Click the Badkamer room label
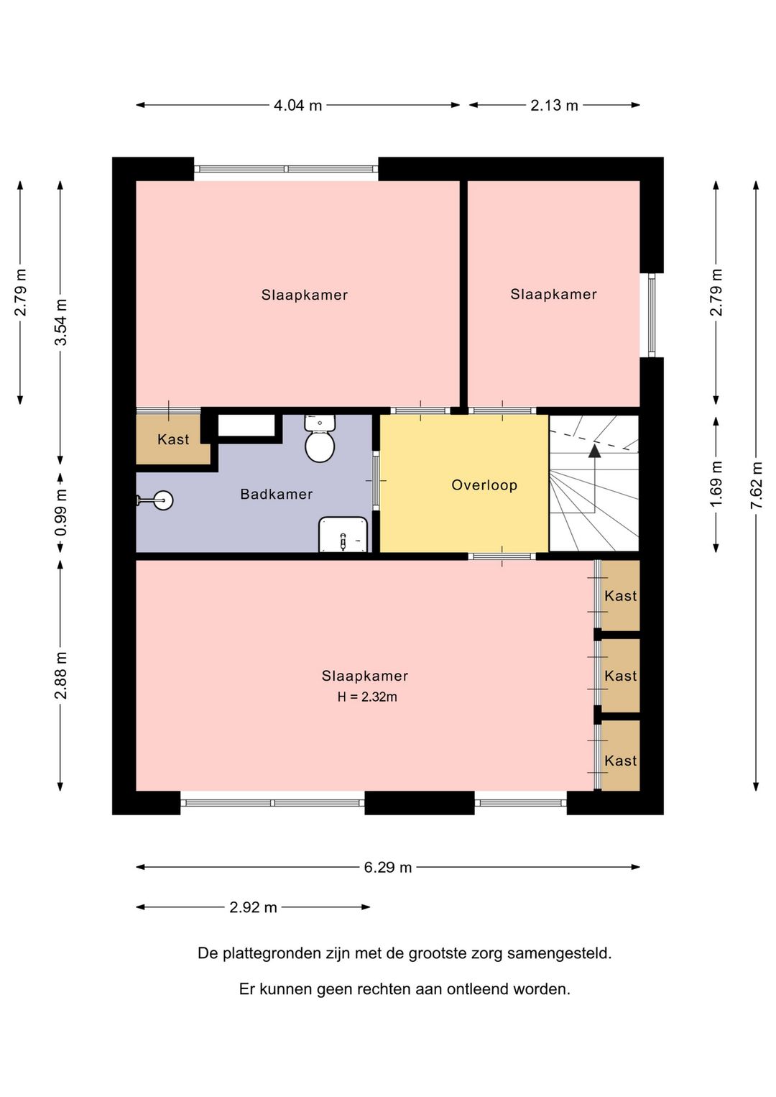(276, 494)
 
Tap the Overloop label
(484, 485)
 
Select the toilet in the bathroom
(320, 439)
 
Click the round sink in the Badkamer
(162, 500)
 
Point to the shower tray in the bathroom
(343, 534)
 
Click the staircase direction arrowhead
(594, 451)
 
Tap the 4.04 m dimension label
(297, 105)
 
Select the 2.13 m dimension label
(554, 105)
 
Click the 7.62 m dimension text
(757, 485)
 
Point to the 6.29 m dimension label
(388, 867)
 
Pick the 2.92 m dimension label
(253, 907)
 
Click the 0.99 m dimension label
(60, 513)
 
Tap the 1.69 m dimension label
(716, 485)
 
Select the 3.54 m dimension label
(60, 322)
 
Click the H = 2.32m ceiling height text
(367, 697)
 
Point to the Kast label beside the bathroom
(173, 439)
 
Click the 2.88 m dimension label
(60, 676)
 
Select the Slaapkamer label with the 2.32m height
(365, 676)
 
